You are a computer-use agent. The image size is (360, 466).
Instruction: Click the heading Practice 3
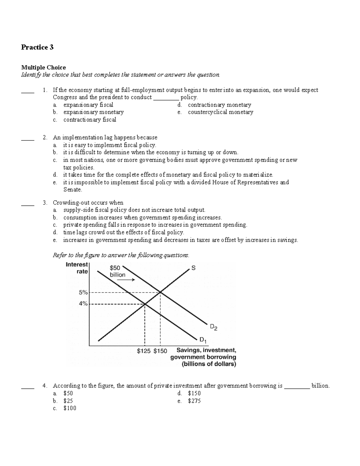click(x=37, y=47)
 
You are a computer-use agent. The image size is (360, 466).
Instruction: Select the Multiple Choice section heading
click(x=43, y=68)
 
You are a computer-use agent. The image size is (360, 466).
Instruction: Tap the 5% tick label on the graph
click(x=83, y=292)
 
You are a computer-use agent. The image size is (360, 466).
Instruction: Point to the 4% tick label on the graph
click(x=83, y=304)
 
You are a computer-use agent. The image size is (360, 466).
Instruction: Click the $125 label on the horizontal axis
click(x=144, y=351)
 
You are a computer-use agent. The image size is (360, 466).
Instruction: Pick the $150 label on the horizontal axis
click(x=160, y=351)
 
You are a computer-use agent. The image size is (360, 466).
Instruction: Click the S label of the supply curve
click(x=193, y=268)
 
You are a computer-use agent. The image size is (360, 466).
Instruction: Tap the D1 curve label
click(x=203, y=340)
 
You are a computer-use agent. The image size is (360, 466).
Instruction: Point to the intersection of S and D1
click(x=145, y=304)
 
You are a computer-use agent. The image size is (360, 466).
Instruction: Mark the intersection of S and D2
click(x=160, y=292)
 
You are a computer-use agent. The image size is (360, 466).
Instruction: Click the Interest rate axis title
click(x=77, y=268)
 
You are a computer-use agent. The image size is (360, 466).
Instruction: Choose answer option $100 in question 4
click(x=70, y=408)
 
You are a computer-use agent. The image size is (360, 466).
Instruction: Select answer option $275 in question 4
click(x=194, y=401)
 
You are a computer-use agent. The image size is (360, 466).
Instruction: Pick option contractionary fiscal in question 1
click(x=89, y=120)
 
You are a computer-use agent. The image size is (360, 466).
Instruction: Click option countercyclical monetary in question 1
click(x=220, y=112)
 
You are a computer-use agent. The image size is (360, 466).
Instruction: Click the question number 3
click(x=45, y=203)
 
